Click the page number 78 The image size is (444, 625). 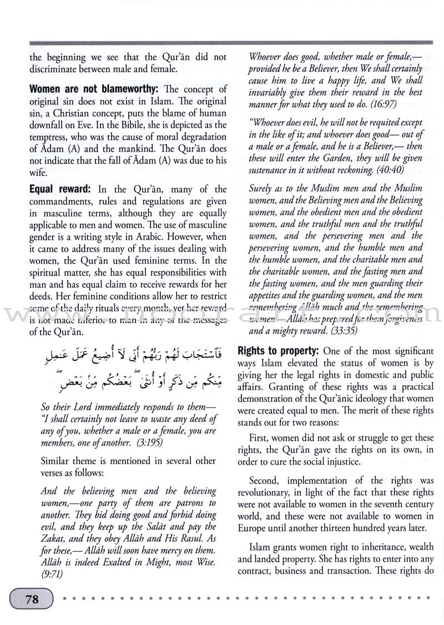click(31, 599)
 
